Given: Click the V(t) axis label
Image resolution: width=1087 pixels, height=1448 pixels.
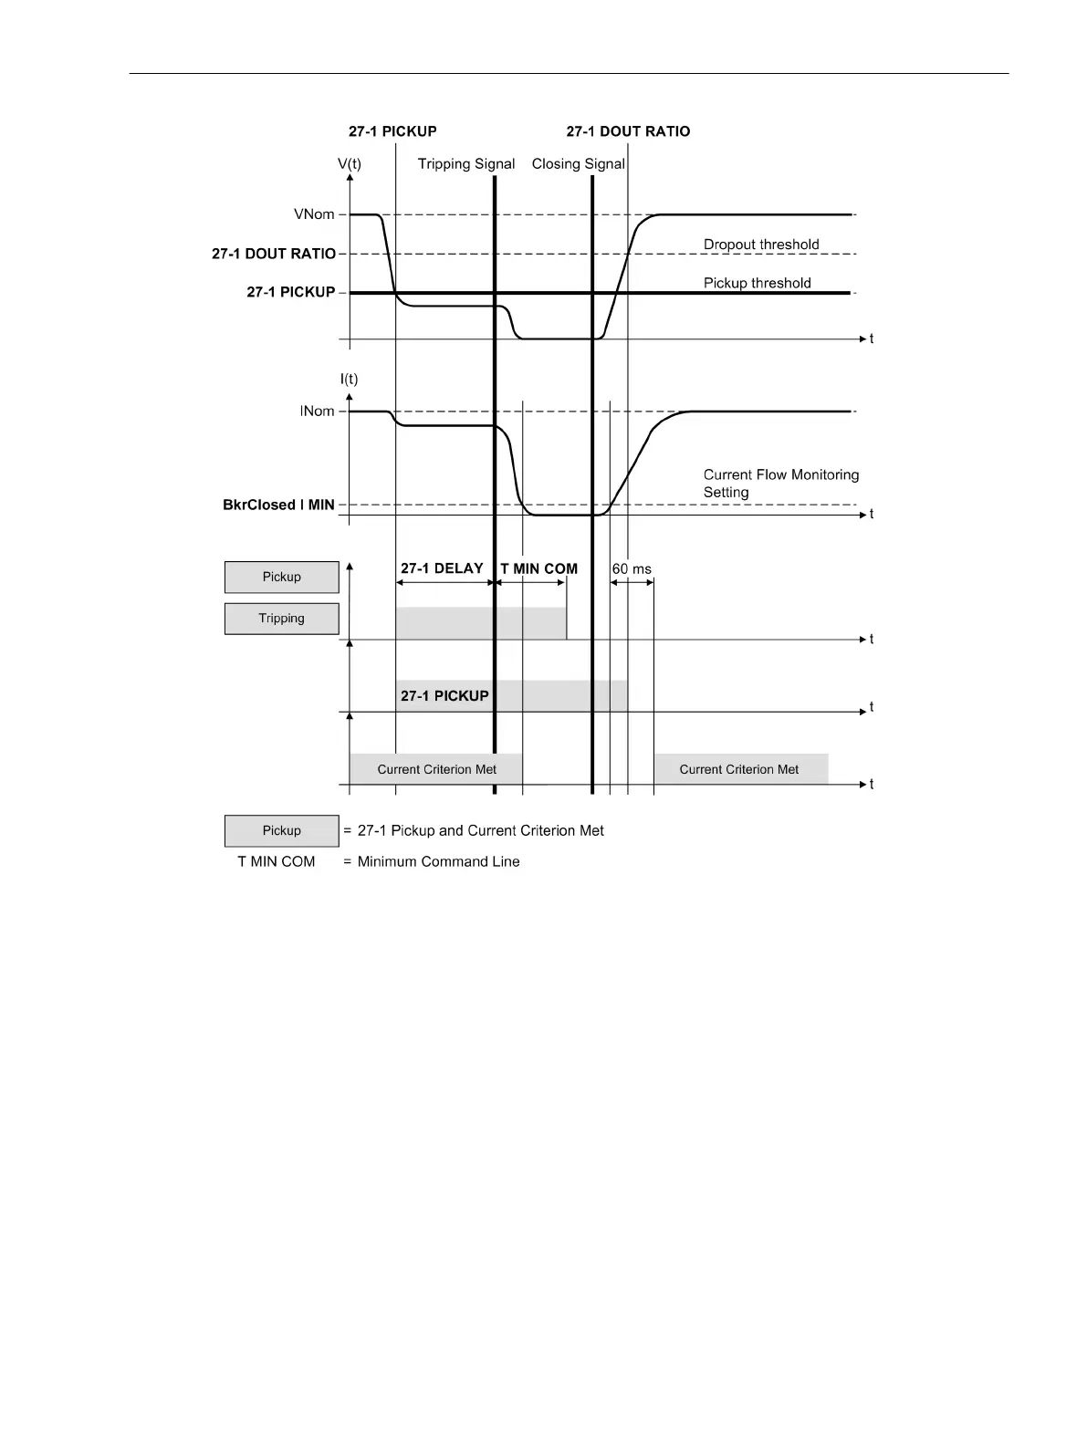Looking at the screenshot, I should pyautogui.click(x=349, y=164).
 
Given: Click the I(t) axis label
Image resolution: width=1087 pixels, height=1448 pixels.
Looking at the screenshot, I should pyautogui.click(x=349, y=379).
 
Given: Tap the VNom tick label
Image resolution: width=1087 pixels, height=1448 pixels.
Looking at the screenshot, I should pyautogui.click(x=314, y=214).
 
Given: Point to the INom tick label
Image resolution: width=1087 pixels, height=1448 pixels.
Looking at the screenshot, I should pyautogui.click(x=317, y=411).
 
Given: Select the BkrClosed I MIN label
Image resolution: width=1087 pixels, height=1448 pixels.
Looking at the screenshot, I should pyautogui.click(x=278, y=505).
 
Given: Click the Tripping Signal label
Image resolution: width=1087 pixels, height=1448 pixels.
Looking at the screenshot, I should pyautogui.click(x=466, y=164).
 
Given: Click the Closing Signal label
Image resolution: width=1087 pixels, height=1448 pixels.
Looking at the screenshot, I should pyautogui.click(x=578, y=164).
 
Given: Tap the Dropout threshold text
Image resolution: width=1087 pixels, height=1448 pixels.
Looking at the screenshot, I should pyautogui.click(x=761, y=245).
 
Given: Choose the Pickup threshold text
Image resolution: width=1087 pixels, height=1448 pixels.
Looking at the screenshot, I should pyautogui.click(x=757, y=283).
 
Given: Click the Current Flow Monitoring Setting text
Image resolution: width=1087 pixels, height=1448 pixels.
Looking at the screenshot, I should pyautogui.click(x=780, y=484).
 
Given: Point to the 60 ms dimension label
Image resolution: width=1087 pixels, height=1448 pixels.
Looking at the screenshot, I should pyautogui.click(x=632, y=569).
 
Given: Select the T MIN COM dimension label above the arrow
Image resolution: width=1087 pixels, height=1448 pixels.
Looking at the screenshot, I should pyautogui.click(x=539, y=569).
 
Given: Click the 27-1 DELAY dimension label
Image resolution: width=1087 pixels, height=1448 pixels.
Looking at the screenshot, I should pyautogui.click(x=442, y=568).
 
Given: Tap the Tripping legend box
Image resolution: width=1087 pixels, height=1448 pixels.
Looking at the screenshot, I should pyautogui.click(x=281, y=619).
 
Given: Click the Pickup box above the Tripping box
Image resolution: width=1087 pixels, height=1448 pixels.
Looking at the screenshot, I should pyautogui.click(x=281, y=577).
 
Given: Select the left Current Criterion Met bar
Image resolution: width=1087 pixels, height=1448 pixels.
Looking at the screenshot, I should pyautogui.click(x=436, y=769).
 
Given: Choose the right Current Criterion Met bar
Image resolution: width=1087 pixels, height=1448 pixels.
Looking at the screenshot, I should pyautogui.click(x=739, y=769).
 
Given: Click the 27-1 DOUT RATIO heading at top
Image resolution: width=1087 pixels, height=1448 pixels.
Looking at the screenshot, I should pyautogui.click(x=628, y=131).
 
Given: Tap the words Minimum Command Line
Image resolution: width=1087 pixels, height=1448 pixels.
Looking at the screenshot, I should pyautogui.click(x=438, y=861).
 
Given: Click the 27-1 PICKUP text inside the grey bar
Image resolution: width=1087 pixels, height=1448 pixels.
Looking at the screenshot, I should pyautogui.click(x=444, y=696).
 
